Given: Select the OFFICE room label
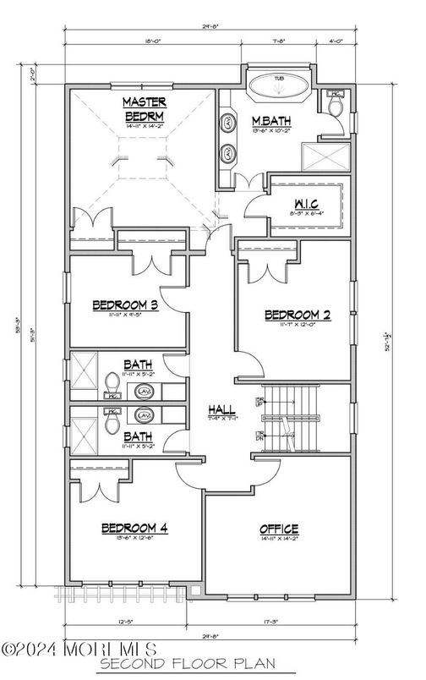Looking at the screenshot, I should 278,529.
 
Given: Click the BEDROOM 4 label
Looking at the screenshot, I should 134,529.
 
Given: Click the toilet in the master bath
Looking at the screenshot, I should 335,105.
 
